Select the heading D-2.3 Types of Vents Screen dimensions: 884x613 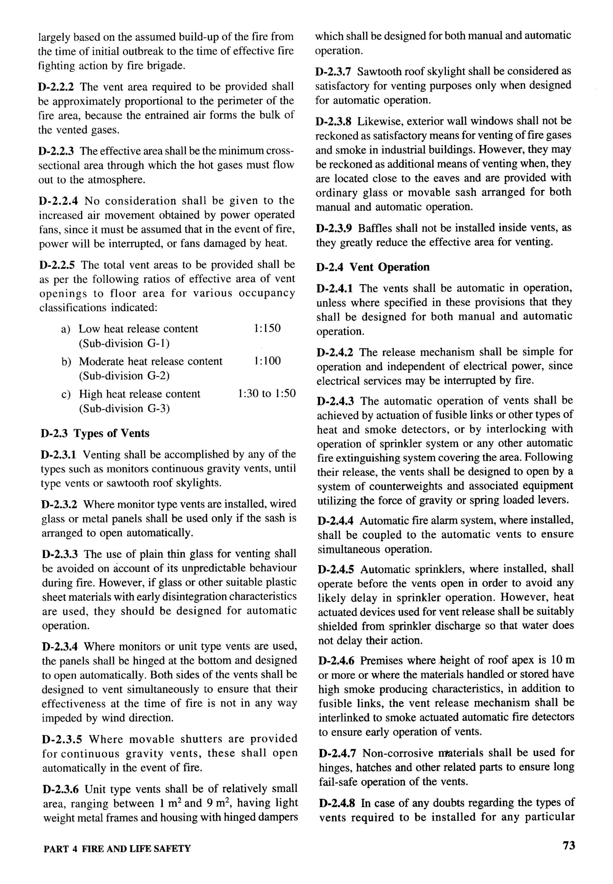[x=95, y=433]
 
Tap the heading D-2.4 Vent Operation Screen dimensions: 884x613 [x=373, y=267]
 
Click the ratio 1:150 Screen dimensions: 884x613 [x=267, y=328]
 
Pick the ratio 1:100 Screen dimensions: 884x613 [x=267, y=361]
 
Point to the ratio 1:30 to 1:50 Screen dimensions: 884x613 [x=267, y=393]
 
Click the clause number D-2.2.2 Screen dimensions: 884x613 [x=56, y=87]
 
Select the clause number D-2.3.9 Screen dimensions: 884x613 [x=334, y=228]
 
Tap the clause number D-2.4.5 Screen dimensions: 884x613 [x=336, y=569]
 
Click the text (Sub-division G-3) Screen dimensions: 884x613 [x=124, y=408]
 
